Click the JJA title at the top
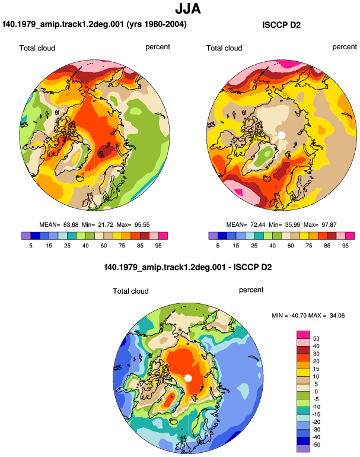tap(188, 9)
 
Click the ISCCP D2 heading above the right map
tap(281, 25)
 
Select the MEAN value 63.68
tap(71, 225)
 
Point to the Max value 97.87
tap(329, 225)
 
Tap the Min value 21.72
tap(106, 225)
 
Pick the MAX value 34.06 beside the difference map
tap(337, 315)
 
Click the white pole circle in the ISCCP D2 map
tap(281, 135)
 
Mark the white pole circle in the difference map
tap(188, 378)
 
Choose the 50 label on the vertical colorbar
tap(316, 339)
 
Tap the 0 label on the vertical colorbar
tap(316, 392)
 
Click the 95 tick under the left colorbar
tap(158, 246)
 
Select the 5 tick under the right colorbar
tap(218, 246)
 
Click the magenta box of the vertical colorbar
tap(303, 335)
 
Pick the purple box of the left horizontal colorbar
tap(26, 236)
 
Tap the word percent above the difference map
tap(251, 290)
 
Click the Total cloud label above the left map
tap(37, 48)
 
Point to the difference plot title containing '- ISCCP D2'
tap(188, 267)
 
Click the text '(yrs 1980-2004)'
tap(157, 24)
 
